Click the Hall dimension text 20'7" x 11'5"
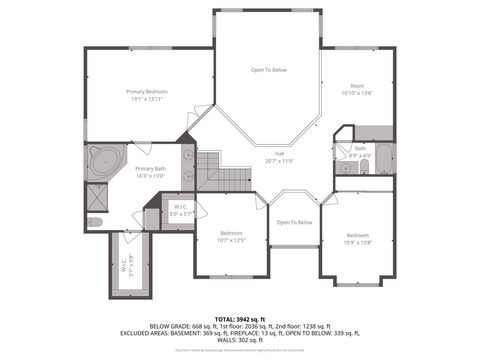click(x=279, y=160)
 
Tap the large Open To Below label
click(x=269, y=70)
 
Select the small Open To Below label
click(x=294, y=222)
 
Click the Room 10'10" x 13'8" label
click(x=357, y=90)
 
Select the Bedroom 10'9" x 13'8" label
click(x=357, y=239)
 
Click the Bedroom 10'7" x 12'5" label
click(x=231, y=236)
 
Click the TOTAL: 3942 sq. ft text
click(x=240, y=318)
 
